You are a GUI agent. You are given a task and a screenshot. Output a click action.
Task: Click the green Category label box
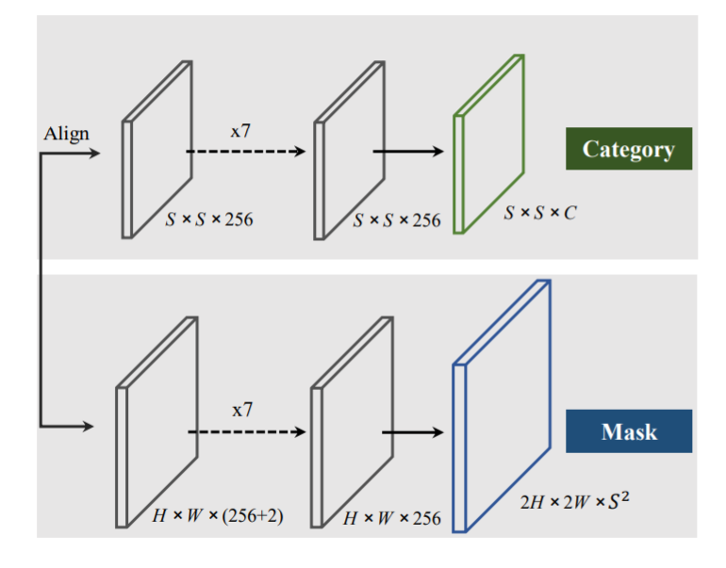tap(628, 149)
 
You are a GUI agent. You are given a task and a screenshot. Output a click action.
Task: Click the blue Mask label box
tap(629, 431)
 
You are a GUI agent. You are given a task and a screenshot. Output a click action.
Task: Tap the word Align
tap(66, 133)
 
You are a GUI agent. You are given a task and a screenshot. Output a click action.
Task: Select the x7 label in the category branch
tap(240, 131)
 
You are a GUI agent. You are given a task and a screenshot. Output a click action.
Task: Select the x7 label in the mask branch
tap(242, 411)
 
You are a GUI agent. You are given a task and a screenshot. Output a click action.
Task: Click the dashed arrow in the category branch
tap(245, 151)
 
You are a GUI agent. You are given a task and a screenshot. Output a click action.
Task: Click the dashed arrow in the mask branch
tap(246, 431)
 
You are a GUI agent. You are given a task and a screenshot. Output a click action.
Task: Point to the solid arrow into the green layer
tap(407, 151)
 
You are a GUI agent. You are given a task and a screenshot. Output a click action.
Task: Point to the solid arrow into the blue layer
tap(411, 431)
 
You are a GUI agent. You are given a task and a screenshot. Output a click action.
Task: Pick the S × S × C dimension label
tap(539, 214)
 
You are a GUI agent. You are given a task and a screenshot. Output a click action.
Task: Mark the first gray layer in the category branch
tap(158, 149)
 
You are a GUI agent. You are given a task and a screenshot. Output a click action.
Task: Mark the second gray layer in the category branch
tap(350, 149)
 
